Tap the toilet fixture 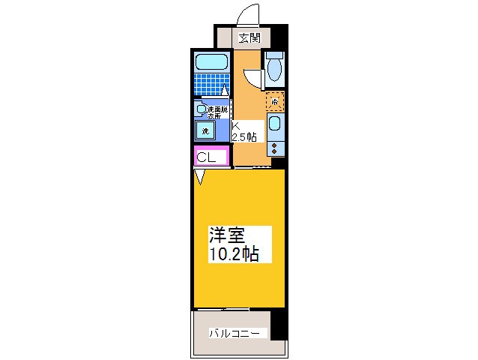point(274,68)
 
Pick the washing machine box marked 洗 point(205,131)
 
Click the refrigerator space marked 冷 point(275,101)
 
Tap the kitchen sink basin point(275,124)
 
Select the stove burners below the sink point(275,145)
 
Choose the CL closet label point(206,157)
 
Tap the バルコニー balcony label point(234,332)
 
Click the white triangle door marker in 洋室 point(200,177)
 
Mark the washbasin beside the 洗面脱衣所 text point(200,109)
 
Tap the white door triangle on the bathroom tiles point(223,91)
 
